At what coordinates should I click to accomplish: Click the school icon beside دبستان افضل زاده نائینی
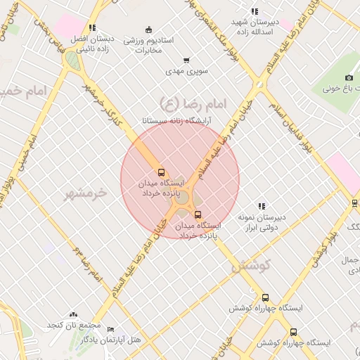click(x=93, y=27)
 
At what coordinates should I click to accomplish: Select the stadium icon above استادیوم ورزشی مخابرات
click(x=148, y=30)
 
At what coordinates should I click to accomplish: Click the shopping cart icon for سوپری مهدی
click(x=186, y=60)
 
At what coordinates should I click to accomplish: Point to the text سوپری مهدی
click(x=184, y=71)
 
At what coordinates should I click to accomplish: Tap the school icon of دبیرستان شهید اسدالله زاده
click(x=255, y=11)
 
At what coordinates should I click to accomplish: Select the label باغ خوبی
click(x=341, y=89)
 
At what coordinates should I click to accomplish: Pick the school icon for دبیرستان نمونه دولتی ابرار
click(x=262, y=206)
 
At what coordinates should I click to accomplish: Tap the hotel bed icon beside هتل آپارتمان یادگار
click(x=110, y=329)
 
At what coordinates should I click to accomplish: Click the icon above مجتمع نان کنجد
click(x=74, y=315)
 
